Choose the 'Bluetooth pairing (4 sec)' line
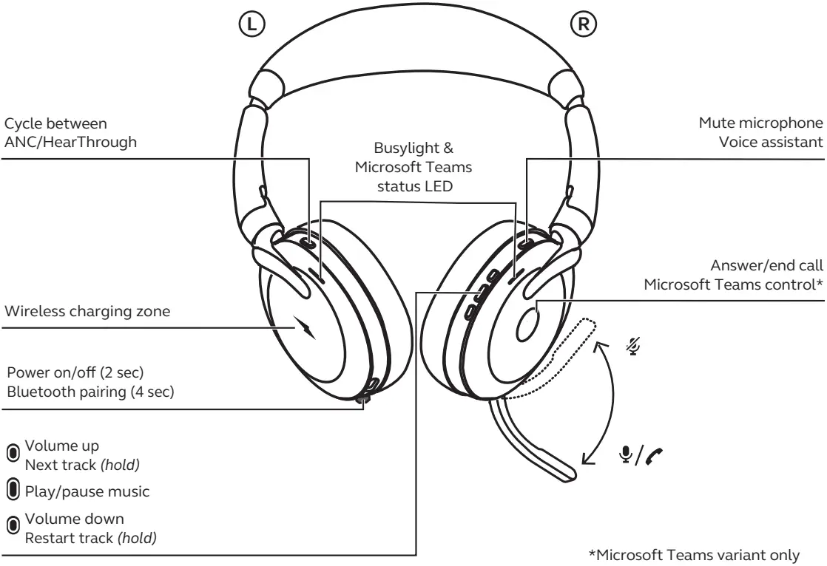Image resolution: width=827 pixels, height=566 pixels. [x=90, y=392]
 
